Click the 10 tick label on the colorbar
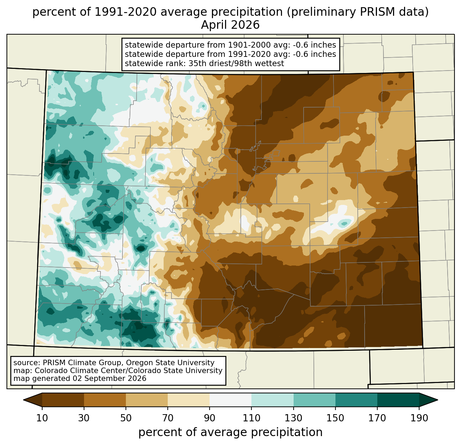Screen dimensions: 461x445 coord(42,418)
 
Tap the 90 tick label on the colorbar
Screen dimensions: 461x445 coord(210,418)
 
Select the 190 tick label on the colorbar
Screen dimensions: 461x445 coord(419,418)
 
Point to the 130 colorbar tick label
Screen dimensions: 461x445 coord(293,418)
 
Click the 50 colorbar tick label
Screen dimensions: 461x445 coord(126,418)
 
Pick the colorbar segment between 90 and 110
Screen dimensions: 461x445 coord(230,400)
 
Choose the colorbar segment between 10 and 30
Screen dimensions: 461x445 coord(63,400)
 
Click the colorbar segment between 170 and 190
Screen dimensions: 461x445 coord(398,400)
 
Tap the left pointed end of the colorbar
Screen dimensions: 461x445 coord(24,400)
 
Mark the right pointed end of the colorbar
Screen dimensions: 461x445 coord(437,400)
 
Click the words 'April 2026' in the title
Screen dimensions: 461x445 coord(230,25)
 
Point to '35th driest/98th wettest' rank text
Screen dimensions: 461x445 coord(236,63)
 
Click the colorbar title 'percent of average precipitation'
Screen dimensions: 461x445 coord(230,432)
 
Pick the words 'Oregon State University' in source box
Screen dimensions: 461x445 coord(170,363)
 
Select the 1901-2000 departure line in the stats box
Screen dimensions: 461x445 coord(230,45)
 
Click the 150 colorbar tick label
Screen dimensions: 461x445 coord(335,418)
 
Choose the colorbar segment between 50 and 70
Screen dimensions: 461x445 coord(147,400)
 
